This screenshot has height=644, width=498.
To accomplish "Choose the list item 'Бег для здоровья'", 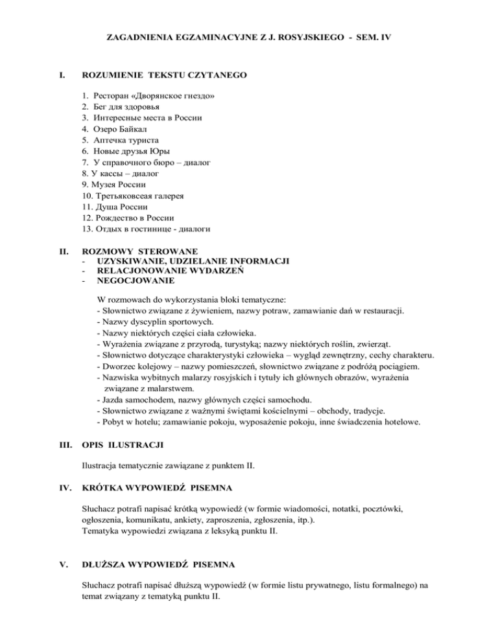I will (134, 106).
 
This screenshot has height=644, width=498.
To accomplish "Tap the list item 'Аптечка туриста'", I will (130, 140).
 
